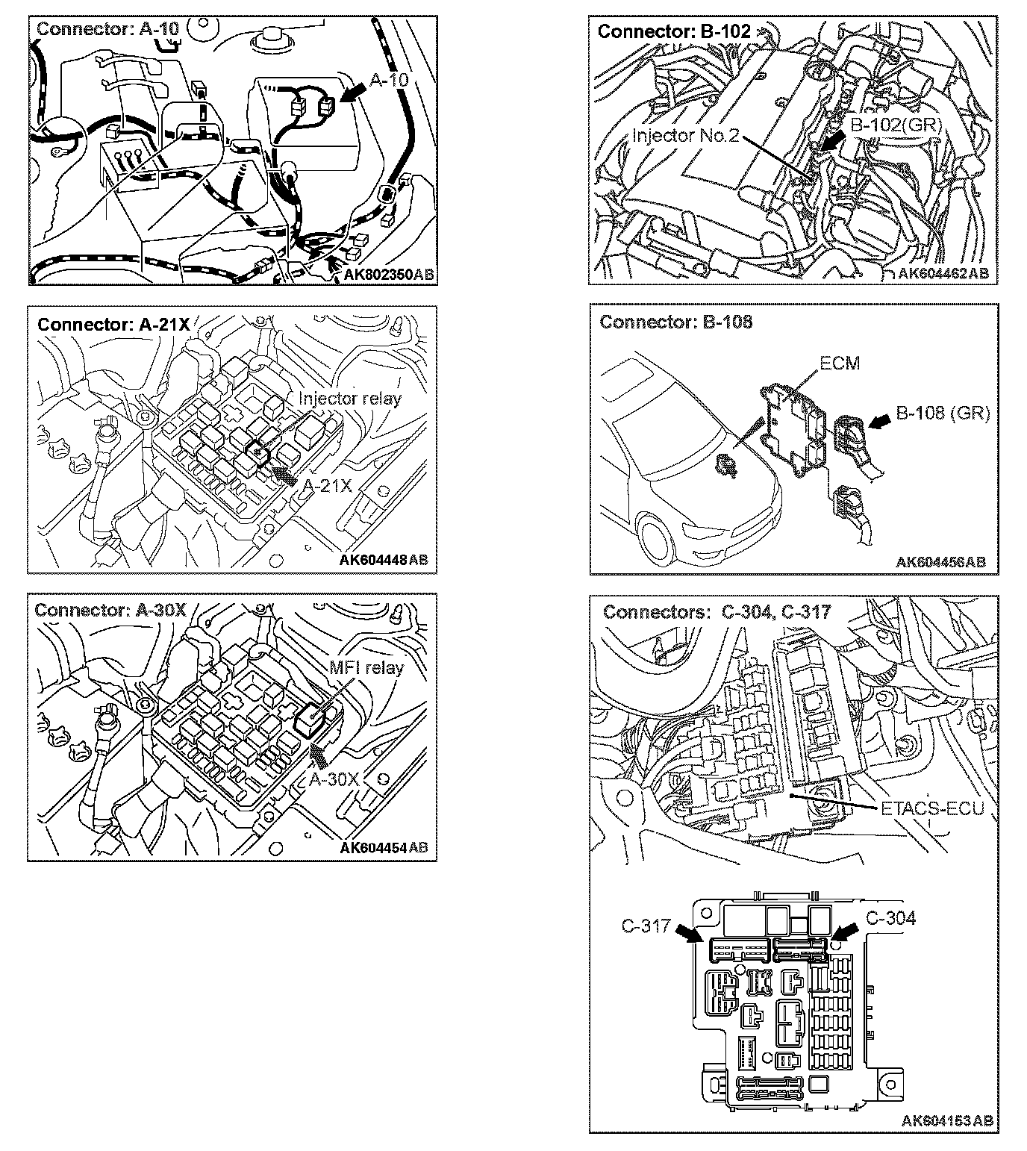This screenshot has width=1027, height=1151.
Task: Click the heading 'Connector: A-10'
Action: tap(107, 29)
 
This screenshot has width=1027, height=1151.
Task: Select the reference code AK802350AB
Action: tap(388, 275)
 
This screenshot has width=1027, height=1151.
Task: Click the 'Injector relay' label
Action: tap(350, 399)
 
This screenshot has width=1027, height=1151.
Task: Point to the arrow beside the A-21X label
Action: tap(283, 475)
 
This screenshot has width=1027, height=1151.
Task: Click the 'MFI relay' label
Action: tap(366, 668)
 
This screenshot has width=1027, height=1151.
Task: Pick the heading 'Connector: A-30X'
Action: tap(110, 610)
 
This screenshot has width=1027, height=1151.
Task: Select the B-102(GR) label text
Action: tap(896, 125)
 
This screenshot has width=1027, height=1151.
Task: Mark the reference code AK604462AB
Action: tap(943, 274)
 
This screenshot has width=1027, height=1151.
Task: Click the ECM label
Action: tap(840, 364)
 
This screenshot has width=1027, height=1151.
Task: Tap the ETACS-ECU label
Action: tap(932, 808)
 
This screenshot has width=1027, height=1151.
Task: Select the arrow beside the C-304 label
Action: tap(844, 932)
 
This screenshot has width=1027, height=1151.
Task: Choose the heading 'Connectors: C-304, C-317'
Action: tap(717, 612)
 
